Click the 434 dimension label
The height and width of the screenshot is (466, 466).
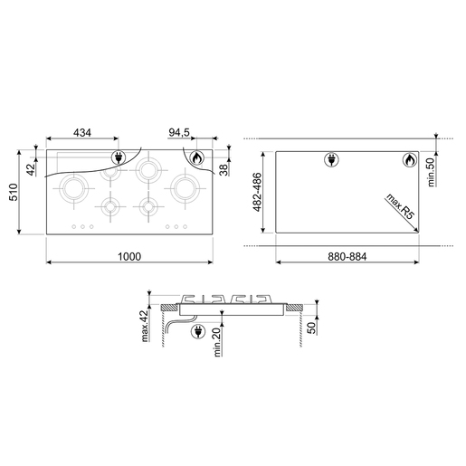click(82, 132)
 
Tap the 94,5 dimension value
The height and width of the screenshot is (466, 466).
click(179, 132)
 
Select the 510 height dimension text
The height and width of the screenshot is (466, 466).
click(14, 192)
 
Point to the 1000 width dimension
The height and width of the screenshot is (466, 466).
click(129, 257)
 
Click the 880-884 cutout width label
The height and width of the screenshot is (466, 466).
click(347, 257)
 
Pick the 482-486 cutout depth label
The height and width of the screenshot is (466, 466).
click(257, 192)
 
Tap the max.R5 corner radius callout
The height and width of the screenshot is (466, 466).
click(401, 206)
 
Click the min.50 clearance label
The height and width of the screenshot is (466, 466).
click(431, 172)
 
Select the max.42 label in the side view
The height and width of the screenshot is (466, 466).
click(145, 326)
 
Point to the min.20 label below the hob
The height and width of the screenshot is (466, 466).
click(217, 342)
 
